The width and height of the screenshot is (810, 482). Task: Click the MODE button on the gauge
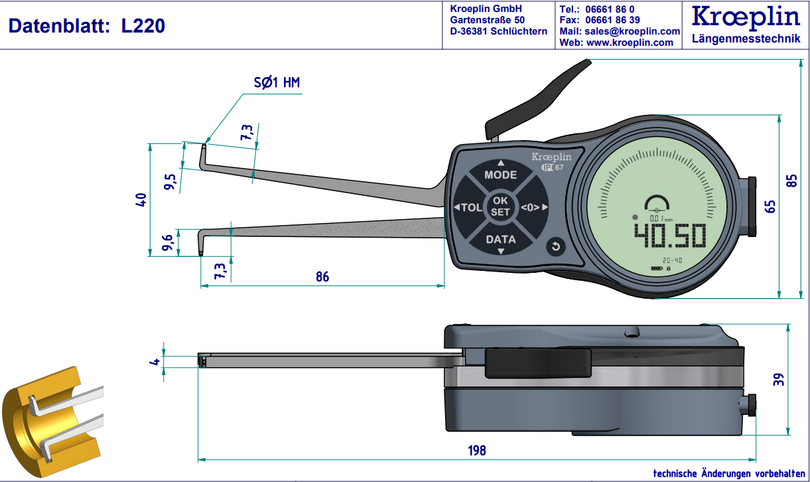(x=500, y=175)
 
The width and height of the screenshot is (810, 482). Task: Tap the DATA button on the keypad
(x=500, y=239)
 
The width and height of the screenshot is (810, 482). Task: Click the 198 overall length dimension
(x=476, y=451)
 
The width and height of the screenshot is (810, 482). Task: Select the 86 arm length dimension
(x=322, y=277)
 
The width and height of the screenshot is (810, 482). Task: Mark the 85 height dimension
(x=791, y=181)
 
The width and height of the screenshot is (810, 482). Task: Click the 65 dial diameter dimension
(x=770, y=206)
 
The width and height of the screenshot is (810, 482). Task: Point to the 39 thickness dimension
(x=779, y=380)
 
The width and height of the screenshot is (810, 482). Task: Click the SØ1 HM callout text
(x=277, y=83)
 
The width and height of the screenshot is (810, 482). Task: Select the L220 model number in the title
(x=143, y=26)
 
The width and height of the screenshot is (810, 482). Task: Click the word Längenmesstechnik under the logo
(x=746, y=39)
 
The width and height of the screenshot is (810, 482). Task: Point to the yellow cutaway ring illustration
(x=40, y=418)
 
